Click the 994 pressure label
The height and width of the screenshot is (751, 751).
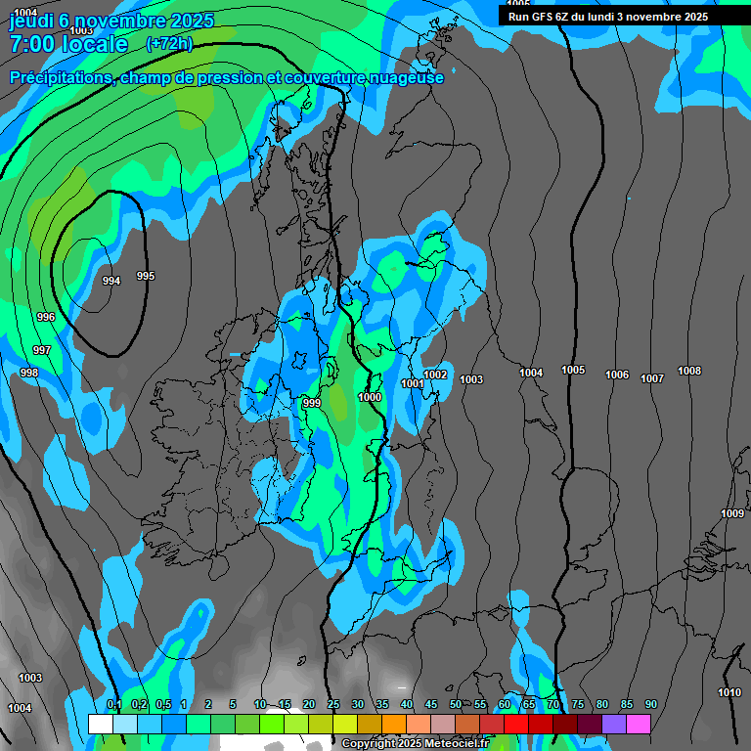click(x=111, y=281)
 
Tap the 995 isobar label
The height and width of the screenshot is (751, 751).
click(x=146, y=276)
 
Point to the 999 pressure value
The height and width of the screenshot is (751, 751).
click(x=312, y=403)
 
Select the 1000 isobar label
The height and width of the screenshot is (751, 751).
click(x=370, y=397)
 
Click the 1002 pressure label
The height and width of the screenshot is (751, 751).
click(x=436, y=375)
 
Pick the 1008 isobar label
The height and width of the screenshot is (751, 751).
click(x=689, y=371)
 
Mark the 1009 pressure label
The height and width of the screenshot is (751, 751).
click(x=731, y=513)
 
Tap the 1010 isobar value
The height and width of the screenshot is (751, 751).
click(x=729, y=692)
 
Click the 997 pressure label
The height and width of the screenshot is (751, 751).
click(x=42, y=350)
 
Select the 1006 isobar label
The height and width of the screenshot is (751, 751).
click(x=617, y=375)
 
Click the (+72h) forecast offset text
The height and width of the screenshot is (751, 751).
click(x=169, y=43)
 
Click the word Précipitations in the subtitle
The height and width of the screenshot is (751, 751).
click(x=60, y=77)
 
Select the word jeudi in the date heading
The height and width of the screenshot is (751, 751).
click(x=31, y=20)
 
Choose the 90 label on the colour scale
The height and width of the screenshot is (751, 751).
click(x=650, y=705)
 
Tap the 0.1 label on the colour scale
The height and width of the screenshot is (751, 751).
click(x=113, y=705)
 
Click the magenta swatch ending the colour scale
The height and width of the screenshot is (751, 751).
click(x=639, y=724)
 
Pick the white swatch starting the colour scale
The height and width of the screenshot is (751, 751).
click(x=100, y=724)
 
